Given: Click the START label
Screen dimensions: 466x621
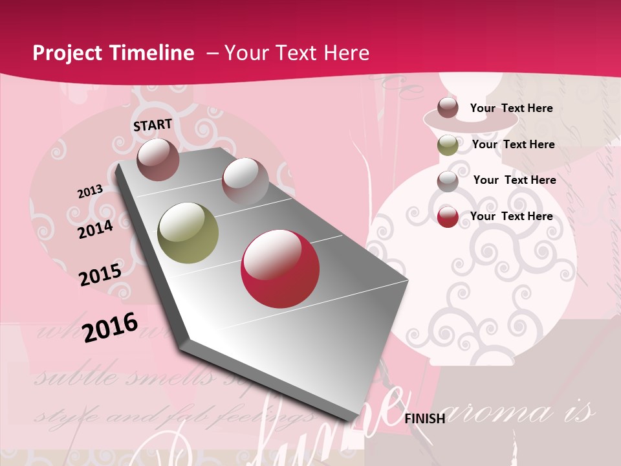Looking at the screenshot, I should point(153,125).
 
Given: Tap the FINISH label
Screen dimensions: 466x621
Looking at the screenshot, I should point(424,419).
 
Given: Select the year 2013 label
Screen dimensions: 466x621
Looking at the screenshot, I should point(90,192).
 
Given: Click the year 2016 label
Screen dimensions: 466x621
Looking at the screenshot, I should point(110,327).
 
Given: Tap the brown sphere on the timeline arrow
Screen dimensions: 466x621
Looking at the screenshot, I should point(158,159).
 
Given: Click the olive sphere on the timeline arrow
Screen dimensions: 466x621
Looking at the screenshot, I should point(188,233).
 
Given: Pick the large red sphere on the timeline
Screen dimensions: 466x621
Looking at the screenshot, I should point(280,268).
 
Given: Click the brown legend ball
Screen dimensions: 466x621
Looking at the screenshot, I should point(448,107).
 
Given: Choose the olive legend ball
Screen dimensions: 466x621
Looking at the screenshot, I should point(448,145).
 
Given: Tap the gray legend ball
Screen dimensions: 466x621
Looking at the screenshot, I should point(448,181).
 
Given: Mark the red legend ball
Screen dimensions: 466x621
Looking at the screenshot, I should point(448,217).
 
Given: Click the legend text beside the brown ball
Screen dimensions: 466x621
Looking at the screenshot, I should point(511,108).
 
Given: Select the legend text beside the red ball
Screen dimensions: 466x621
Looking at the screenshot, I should point(511,216).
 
